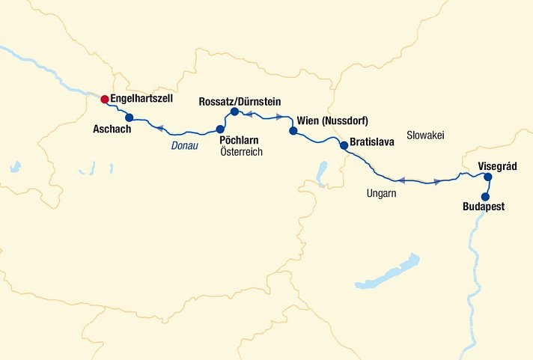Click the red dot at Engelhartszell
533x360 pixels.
[105, 99]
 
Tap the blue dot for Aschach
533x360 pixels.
[129, 117]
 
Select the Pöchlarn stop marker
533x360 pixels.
[220, 129]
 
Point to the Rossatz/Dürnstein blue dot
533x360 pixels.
[234, 112]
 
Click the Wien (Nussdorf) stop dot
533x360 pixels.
[293, 131]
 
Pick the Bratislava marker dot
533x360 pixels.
[344, 145]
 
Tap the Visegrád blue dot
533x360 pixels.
[487, 177]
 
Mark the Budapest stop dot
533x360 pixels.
[484, 196]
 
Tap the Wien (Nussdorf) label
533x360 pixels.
[333, 120]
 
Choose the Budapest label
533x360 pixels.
[484, 207]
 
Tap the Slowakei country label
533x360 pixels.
[425, 135]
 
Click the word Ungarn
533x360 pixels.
[381, 194]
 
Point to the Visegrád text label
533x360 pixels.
[499, 166]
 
